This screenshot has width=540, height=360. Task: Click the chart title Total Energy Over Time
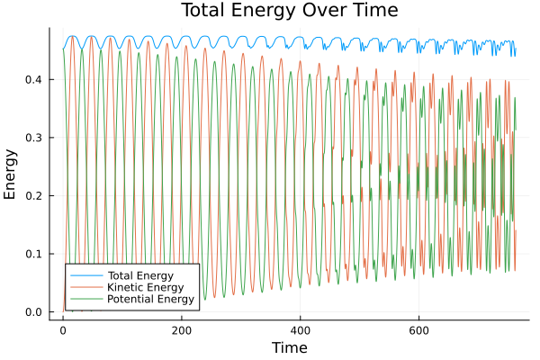coord(288,11)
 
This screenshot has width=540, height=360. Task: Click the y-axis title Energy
coord(12,172)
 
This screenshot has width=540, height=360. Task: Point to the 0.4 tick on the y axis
coord(34,79)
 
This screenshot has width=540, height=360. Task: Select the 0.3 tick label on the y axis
coord(34,138)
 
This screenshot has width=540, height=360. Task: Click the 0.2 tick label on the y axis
coord(34,195)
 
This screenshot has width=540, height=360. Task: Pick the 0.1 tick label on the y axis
coord(34,254)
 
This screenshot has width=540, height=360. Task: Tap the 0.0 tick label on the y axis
coord(34,312)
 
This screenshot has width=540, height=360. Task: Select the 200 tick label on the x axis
coord(181,330)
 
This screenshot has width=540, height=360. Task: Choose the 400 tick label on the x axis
coord(300,330)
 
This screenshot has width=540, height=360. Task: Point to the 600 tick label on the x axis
coord(418,330)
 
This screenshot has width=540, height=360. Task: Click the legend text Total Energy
coord(139,274)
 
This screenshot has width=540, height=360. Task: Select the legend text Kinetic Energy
coord(142,286)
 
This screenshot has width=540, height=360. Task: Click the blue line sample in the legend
coord(85,274)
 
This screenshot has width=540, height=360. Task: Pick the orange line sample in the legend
coord(85,286)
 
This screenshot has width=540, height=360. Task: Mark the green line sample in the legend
coord(85,299)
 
